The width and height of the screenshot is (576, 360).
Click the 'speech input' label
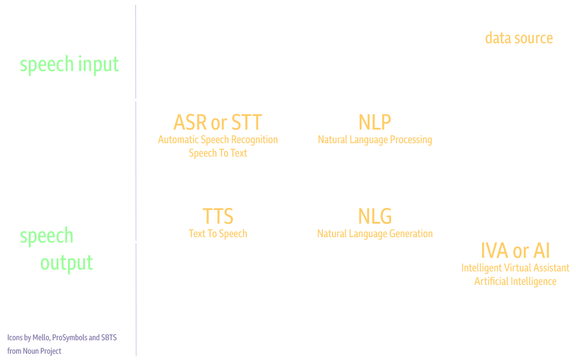tap(69, 65)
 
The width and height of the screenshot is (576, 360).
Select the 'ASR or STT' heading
tap(217, 122)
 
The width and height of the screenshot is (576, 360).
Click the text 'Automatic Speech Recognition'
tap(218, 139)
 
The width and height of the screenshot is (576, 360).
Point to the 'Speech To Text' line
tap(218, 153)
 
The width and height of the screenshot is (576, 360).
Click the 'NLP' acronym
tap(375, 122)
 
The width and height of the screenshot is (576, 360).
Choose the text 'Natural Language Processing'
tap(375, 139)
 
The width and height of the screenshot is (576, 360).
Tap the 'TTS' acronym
tap(218, 216)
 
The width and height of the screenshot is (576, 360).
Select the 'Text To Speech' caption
tap(218, 234)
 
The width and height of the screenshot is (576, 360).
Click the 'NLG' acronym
tap(375, 216)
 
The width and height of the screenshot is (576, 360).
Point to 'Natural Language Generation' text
tap(375, 234)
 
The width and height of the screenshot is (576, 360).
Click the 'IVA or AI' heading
tap(515, 251)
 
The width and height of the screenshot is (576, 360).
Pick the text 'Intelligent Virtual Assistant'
tap(515, 268)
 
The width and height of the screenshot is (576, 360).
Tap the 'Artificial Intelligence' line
tap(515, 281)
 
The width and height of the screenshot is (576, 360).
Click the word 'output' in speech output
tap(67, 263)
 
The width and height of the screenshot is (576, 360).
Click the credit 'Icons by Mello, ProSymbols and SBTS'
tap(62, 337)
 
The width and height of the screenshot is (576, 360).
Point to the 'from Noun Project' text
tap(34, 351)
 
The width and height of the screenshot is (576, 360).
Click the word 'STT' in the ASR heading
tap(246, 122)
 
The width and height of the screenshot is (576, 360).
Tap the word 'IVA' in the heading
tap(494, 251)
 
